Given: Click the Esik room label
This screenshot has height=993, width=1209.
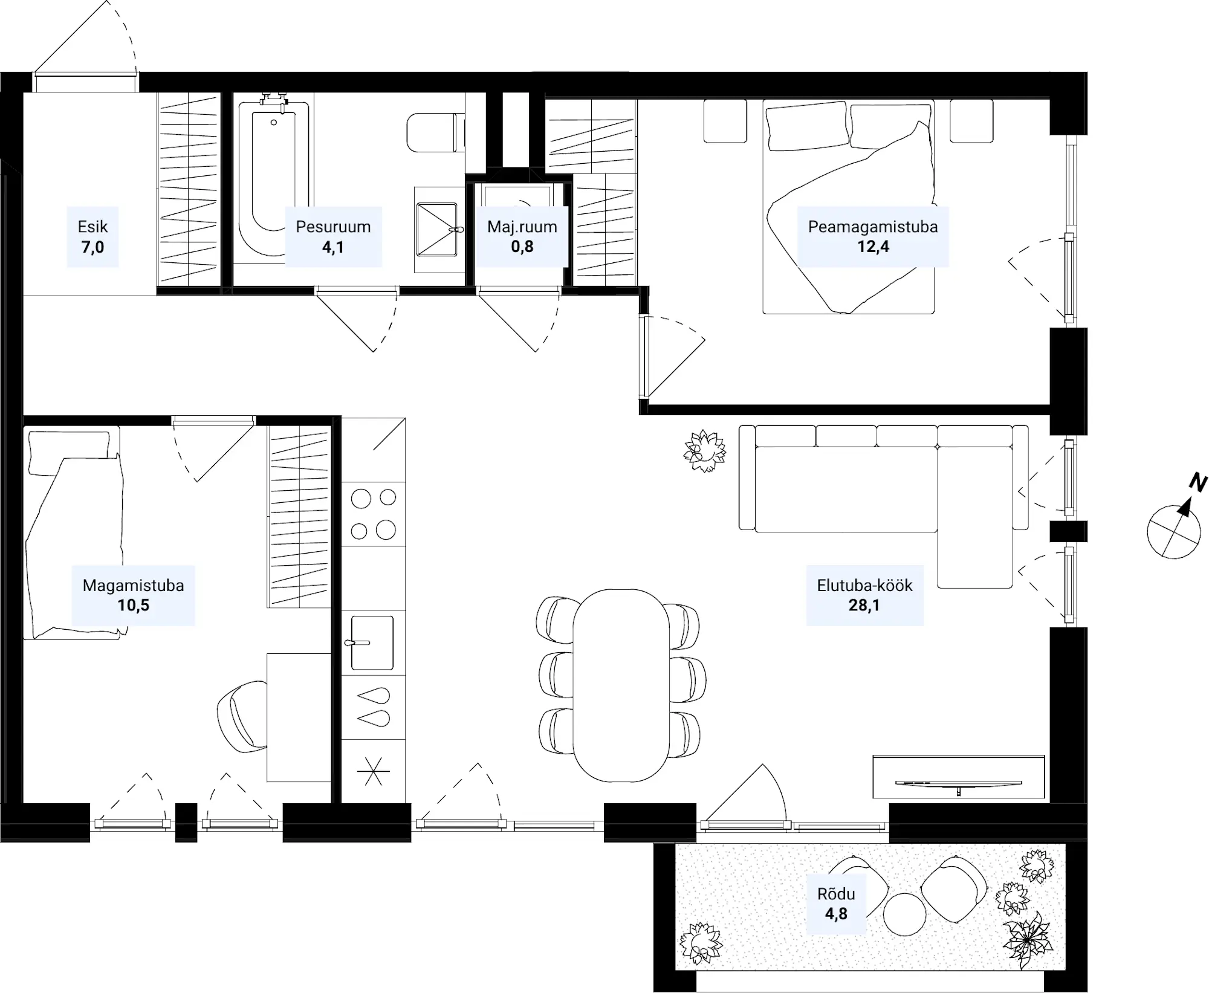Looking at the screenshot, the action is tap(92, 227).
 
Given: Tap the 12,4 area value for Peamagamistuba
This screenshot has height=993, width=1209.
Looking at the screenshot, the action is tap(873, 247).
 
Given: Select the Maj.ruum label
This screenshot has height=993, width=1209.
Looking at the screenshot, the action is tap(522, 227).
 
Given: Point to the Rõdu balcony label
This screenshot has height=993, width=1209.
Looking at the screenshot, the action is tap(836, 894).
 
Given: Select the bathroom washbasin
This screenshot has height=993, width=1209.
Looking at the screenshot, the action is tap(436, 230).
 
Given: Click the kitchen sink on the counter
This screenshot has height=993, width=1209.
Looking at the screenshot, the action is tap(372, 642).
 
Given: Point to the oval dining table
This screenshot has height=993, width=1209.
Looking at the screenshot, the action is tap(621, 685).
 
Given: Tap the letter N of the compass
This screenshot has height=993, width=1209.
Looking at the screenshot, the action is tap(1198, 482).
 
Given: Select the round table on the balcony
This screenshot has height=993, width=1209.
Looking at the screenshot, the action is tap(904, 914).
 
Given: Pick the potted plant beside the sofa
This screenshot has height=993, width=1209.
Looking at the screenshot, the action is tap(704, 451).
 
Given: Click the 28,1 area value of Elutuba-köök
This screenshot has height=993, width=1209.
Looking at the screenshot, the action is tap(864, 605).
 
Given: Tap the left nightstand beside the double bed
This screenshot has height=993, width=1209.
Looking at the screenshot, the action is tap(725, 121).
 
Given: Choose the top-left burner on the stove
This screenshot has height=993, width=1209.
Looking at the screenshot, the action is tap(361, 499).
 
